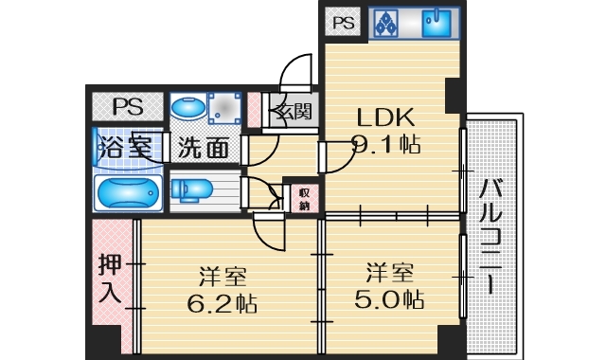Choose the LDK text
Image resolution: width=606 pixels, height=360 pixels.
385,118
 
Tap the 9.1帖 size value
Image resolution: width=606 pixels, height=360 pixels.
386,145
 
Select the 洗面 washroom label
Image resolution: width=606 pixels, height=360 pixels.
204,148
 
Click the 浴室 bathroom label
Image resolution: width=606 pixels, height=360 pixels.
124,147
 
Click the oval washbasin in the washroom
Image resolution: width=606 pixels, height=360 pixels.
186,109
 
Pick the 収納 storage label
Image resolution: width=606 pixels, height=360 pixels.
304,197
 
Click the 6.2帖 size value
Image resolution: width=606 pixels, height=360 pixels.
223,304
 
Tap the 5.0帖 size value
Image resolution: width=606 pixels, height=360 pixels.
391,299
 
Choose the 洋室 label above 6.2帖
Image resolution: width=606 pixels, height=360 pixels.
223,278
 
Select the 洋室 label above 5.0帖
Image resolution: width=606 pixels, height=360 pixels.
390,274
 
